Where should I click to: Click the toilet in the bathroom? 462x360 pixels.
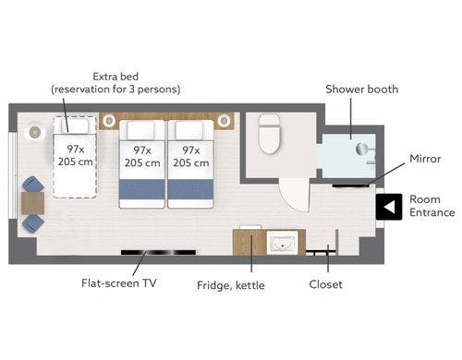pyautogui.click(x=270, y=133)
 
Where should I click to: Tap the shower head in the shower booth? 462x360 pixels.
pyautogui.click(x=362, y=149)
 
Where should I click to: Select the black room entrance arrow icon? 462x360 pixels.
pyautogui.click(x=389, y=207)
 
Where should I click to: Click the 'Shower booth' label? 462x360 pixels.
pyautogui.click(x=362, y=90)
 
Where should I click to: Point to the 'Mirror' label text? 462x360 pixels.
pyautogui.click(x=425, y=159)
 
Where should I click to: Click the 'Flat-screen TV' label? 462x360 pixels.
pyautogui.click(x=118, y=283)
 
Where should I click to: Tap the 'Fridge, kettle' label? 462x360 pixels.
pyautogui.click(x=231, y=285)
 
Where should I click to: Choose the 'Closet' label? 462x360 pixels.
pyautogui.click(x=325, y=284)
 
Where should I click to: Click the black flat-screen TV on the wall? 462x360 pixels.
pyautogui.click(x=158, y=253)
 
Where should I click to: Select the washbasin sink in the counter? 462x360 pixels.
pyautogui.click(x=283, y=243)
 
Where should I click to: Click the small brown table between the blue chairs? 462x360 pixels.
pyautogui.click(x=33, y=203)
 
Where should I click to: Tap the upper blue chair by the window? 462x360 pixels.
pyautogui.click(x=33, y=185)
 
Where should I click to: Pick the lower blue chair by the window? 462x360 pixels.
pyautogui.click(x=33, y=222)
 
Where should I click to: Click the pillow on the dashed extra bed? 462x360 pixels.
pyautogui.click(x=75, y=126)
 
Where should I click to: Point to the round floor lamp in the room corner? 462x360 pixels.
pyautogui.click(x=35, y=132)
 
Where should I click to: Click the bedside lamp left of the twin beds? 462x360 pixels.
pyautogui.click(x=109, y=120)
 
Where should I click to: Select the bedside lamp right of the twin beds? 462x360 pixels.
pyautogui.click(x=224, y=120)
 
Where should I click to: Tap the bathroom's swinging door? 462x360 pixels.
pyautogui.click(x=295, y=196)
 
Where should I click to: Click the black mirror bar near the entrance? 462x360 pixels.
pyautogui.click(x=350, y=186)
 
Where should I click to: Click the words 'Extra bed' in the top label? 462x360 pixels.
pyautogui.click(x=115, y=77)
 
